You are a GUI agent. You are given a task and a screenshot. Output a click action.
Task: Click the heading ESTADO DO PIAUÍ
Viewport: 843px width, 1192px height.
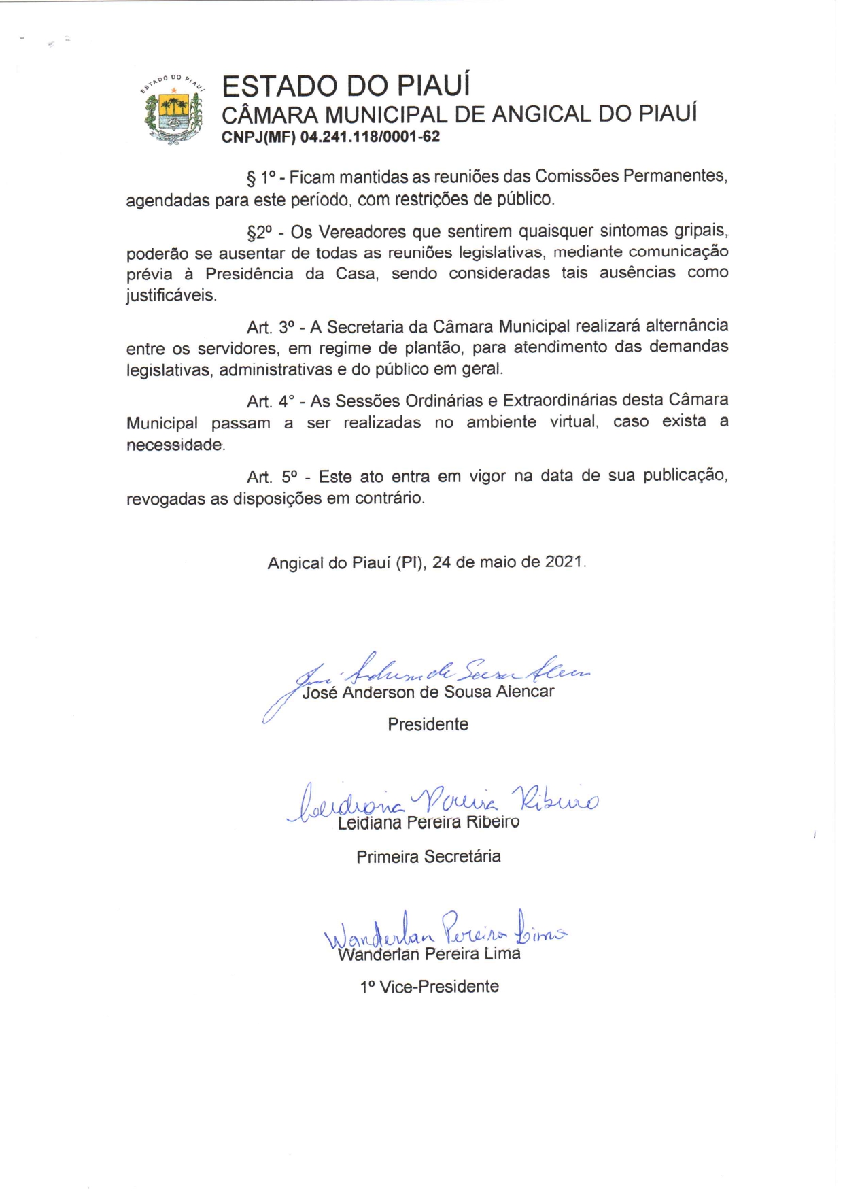(346, 86)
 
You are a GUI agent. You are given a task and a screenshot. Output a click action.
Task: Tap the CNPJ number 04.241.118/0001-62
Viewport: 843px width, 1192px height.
(370, 137)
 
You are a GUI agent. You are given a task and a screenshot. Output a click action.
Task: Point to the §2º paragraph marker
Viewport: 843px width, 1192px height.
(260, 233)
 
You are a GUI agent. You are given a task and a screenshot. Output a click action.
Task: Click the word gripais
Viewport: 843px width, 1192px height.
(701, 231)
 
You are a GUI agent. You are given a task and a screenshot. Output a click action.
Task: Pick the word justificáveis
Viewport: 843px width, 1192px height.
(171, 296)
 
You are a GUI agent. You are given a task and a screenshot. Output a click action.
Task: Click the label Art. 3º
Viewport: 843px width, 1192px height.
(269, 327)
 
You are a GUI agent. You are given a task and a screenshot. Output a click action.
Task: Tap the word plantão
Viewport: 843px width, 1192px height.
(434, 348)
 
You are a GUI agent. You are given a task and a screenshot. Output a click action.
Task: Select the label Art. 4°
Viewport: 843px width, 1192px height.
(270, 401)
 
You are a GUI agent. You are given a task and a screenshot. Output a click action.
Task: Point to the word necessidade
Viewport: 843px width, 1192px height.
(175, 445)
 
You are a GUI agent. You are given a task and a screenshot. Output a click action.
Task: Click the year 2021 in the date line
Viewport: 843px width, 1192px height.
(564, 562)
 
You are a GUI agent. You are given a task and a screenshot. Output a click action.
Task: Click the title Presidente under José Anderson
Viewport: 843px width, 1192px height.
(428, 725)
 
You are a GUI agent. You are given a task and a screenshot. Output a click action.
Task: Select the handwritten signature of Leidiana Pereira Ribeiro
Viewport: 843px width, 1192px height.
(442, 803)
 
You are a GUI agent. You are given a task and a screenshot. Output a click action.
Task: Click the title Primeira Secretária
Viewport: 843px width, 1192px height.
(428, 857)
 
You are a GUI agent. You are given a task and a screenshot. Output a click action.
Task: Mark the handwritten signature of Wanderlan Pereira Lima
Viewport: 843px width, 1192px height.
(445, 931)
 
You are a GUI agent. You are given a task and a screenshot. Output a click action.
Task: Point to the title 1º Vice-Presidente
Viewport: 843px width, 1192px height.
(429, 987)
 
